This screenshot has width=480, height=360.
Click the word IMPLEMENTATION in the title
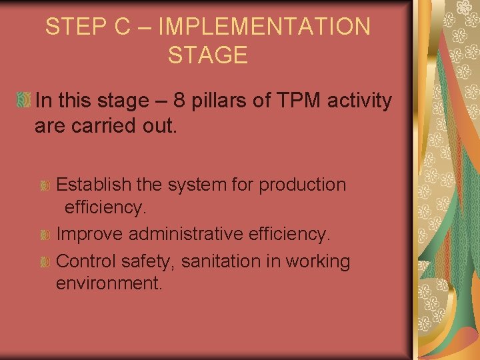coord(265,27)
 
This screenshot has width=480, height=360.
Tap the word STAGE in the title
coord(207,55)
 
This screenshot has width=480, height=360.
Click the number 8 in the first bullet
coord(179,101)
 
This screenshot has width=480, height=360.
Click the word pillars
coord(224,101)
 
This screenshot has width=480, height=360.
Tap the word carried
coord(107,126)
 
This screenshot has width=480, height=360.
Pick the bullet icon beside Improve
coord(45,235)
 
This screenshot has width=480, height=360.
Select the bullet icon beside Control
coord(45,262)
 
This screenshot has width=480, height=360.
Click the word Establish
coord(94,184)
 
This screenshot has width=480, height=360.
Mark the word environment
coord(109,283)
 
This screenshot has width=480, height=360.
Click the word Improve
coord(90,234)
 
